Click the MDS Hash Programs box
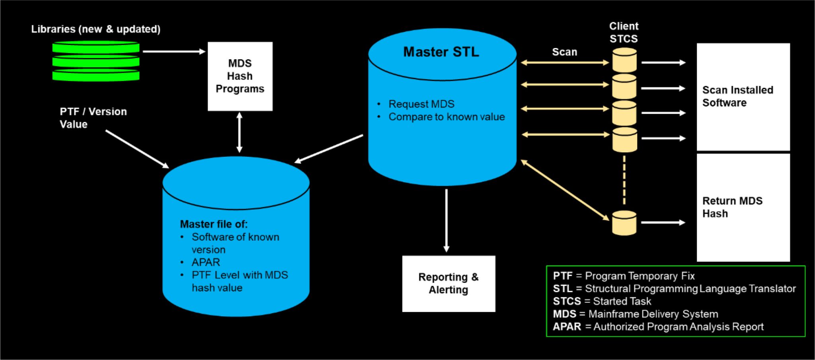click(x=240, y=76)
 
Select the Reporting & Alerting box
click(x=448, y=283)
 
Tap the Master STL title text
click(x=441, y=52)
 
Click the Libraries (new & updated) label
click(x=96, y=29)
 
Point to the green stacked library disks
click(x=96, y=62)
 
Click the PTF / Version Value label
click(x=93, y=118)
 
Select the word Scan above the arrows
click(x=564, y=52)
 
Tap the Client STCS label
click(x=624, y=33)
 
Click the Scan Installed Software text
click(x=737, y=96)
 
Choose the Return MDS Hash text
click(x=732, y=207)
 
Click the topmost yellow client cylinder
click(x=624, y=60)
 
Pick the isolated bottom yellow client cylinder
click(x=624, y=223)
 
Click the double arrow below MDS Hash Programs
click(x=239, y=132)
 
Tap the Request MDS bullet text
click(x=421, y=104)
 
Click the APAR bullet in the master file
click(x=205, y=263)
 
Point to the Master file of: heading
click(x=214, y=224)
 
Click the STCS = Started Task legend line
click(x=602, y=301)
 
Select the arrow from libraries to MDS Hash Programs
click(x=174, y=51)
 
